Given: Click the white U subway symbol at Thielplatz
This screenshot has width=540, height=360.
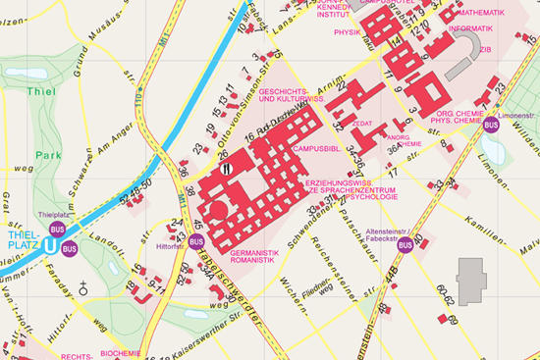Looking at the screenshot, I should coord(49,245).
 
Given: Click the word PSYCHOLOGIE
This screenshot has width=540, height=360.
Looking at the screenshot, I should coord(372,197).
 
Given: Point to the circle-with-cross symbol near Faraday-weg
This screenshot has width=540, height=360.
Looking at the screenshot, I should coord(85,288).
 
